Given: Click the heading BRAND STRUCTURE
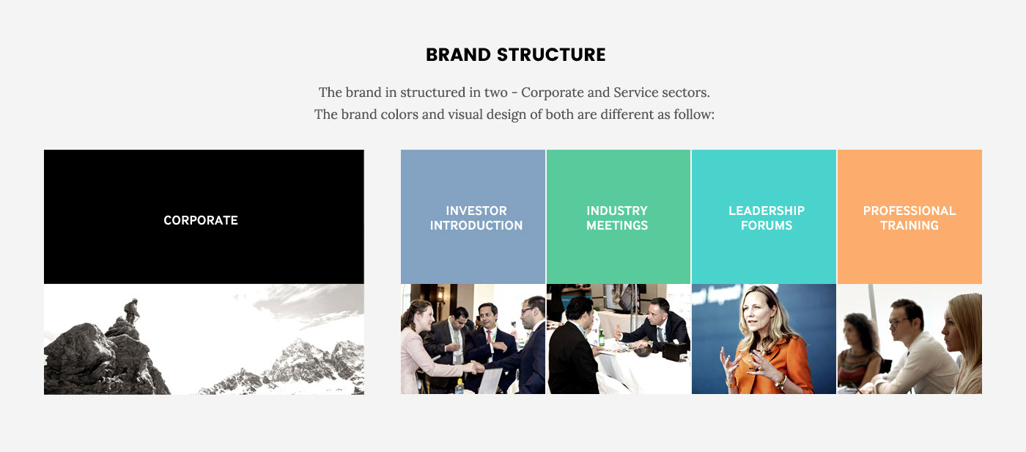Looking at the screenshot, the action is (x=515, y=54).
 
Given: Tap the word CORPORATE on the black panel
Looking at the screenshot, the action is (x=201, y=221).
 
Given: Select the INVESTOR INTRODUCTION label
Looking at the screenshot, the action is (x=476, y=218).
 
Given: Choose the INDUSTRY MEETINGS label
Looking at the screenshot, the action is (x=617, y=218).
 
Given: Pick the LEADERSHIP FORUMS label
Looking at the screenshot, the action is (x=767, y=218).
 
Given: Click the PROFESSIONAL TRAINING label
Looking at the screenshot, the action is (x=909, y=218).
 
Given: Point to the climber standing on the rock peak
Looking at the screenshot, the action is (x=131, y=312).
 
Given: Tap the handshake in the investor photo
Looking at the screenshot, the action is (x=477, y=367).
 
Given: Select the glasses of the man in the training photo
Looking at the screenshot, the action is (x=898, y=322).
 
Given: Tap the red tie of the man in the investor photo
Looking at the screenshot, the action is (x=489, y=337).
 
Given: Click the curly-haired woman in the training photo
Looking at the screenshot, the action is (x=858, y=351).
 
